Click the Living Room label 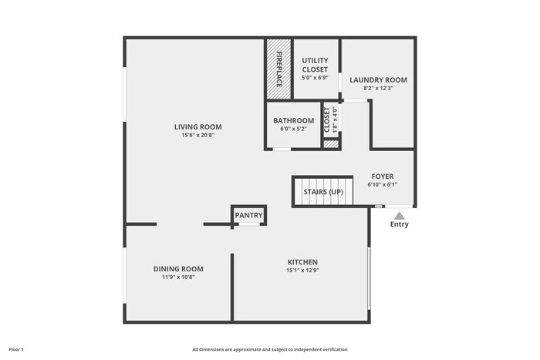tap(198, 127)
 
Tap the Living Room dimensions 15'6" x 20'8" tap(198, 135)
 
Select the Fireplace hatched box tap(278, 69)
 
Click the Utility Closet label tap(315, 65)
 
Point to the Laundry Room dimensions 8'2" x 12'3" tap(379, 88)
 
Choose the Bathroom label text tap(294, 121)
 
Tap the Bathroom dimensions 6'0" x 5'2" tap(294, 129)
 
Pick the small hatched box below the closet tap(331, 144)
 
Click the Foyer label tap(383, 177)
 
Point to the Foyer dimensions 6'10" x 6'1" tap(383, 184)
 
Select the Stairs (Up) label tap(323, 192)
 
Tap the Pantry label tap(248, 215)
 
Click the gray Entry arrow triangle tap(399, 216)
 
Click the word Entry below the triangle tap(399, 224)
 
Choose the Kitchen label tap(302, 262)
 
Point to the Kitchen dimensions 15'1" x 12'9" tap(302, 271)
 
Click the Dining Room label tap(178, 269)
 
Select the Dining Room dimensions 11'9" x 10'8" tap(178, 278)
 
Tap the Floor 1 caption tap(16, 350)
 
